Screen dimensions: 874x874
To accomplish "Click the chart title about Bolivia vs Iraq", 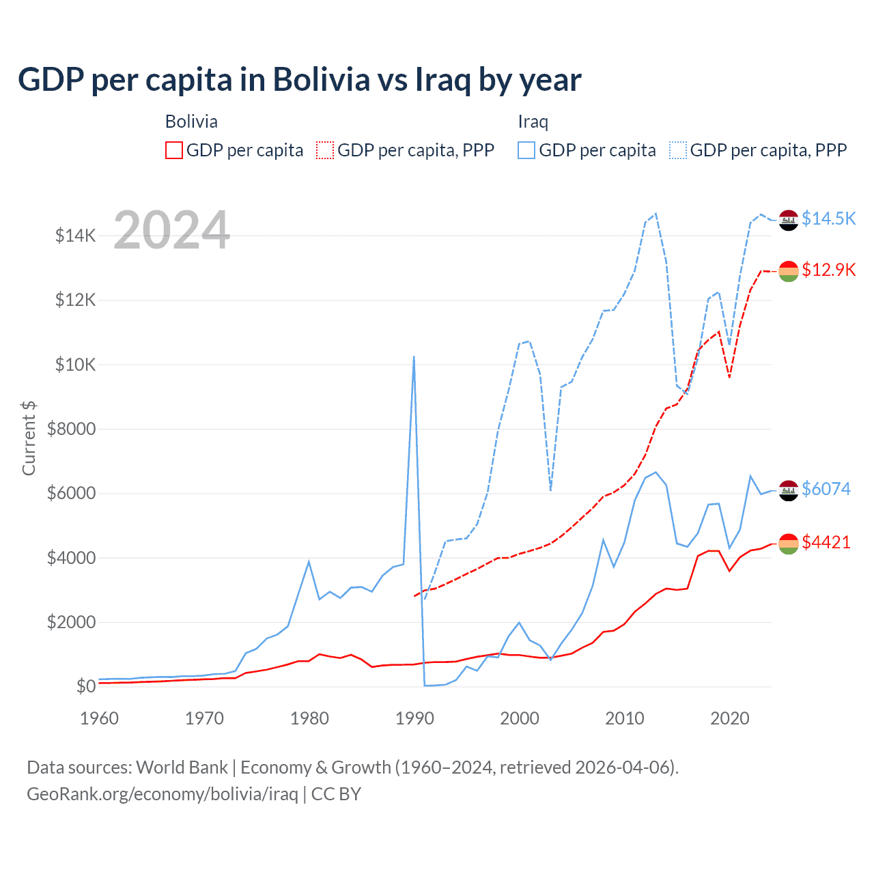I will (x=299, y=80).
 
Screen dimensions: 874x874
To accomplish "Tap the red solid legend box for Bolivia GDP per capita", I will (x=174, y=150).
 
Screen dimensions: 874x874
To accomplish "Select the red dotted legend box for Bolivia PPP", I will (x=325, y=150).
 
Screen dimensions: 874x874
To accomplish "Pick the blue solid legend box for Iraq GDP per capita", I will (x=526, y=150).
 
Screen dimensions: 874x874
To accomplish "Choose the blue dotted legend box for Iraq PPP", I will (x=678, y=150).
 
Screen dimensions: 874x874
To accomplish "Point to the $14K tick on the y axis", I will (x=75, y=236).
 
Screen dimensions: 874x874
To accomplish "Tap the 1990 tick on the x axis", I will (x=414, y=718).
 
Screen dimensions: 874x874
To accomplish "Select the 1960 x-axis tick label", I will (x=100, y=718).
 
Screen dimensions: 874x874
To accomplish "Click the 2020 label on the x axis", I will (x=730, y=718).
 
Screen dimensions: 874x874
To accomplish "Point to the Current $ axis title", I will (x=29, y=438).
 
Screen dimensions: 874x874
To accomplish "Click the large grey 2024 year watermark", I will (x=171, y=230).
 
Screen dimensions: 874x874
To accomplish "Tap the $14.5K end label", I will (x=828, y=218).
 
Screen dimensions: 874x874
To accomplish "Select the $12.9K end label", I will (x=828, y=270).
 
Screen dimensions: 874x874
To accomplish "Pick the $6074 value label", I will (x=826, y=489).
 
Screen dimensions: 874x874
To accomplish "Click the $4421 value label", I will (x=826, y=542).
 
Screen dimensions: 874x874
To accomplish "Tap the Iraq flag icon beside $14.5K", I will (x=789, y=221).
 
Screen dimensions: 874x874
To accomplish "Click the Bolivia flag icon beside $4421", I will (x=789, y=544).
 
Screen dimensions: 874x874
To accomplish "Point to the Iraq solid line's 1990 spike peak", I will (x=414, y=356).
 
